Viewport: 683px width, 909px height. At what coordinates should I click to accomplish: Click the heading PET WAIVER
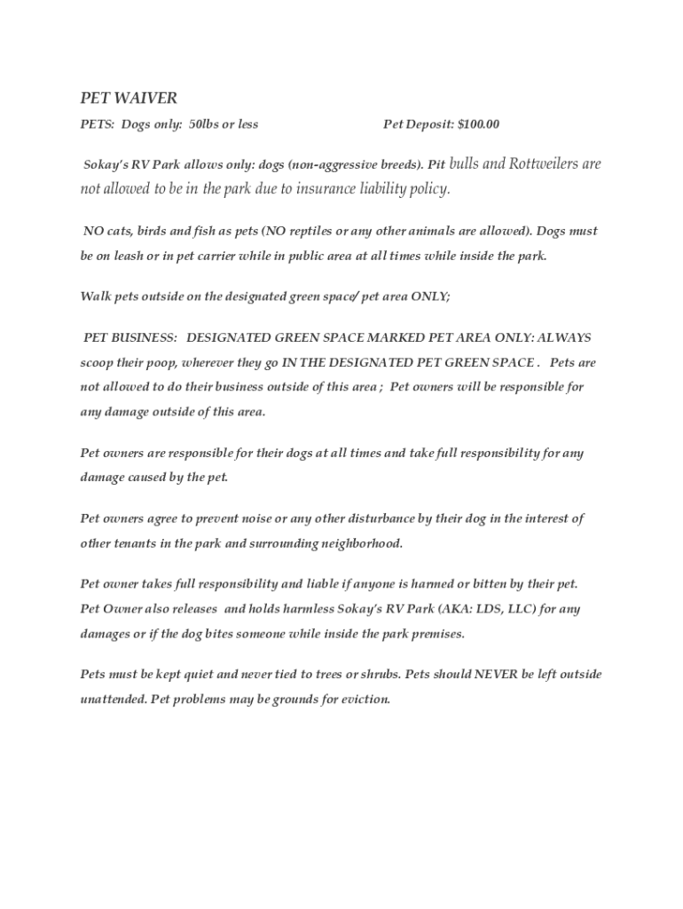coord(129,98)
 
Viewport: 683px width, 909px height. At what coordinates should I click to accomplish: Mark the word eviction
coord(362,700)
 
